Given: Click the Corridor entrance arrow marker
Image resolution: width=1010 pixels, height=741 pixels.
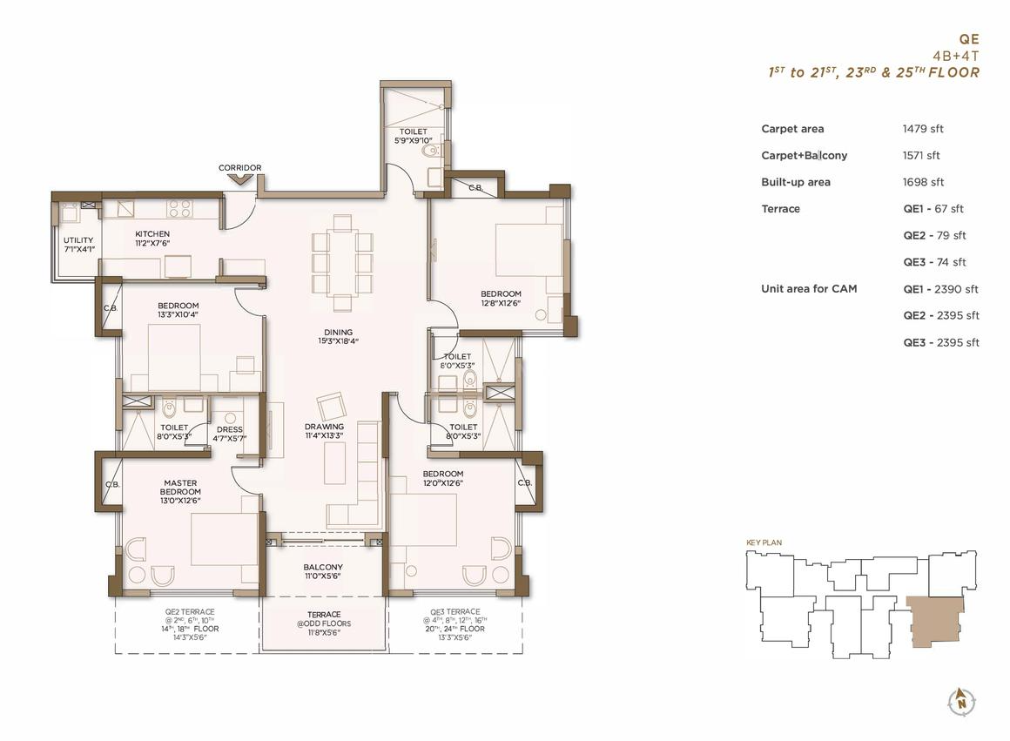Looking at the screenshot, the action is (239, 179).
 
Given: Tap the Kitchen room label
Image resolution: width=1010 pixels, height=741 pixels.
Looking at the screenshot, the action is (152, 234).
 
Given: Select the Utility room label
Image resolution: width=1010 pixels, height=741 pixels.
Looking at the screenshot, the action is (78, 239).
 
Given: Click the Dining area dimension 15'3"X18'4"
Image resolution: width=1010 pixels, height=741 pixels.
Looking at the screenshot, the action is (338, 341).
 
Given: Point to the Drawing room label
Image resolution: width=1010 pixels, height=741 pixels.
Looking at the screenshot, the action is (324, 427).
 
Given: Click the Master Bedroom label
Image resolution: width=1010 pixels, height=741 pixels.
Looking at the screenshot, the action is (180, 487).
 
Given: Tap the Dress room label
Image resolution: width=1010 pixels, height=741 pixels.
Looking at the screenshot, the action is (230, 430).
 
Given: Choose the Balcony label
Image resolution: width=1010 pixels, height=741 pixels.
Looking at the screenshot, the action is (323, 567).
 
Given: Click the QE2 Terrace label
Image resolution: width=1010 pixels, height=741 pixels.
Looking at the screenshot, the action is (190, 611).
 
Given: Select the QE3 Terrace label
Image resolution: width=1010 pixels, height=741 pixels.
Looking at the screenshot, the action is (455, 611).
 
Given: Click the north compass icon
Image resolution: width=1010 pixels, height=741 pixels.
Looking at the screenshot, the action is (961, 700).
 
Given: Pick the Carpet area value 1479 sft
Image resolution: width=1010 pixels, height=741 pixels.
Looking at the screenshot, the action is (923, 129).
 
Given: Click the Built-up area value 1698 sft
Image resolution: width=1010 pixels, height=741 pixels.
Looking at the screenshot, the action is (923, 182).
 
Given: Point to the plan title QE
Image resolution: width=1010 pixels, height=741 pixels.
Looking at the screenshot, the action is (969, 39).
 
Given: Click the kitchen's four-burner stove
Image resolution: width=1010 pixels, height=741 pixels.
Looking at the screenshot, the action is (179, 208).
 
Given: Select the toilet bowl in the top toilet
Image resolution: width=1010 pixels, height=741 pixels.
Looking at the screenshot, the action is (429, 151).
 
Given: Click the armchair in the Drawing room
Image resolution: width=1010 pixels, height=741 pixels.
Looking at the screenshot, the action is (332, 406).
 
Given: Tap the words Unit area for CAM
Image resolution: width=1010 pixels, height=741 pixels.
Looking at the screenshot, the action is (809, 289).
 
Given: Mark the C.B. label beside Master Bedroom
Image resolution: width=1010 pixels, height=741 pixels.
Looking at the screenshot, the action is (112, 484).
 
